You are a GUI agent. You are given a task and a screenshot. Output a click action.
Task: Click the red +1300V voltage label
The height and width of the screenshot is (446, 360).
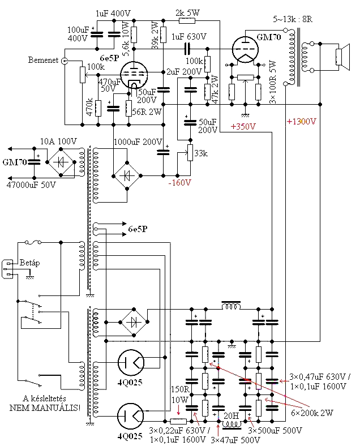[x=301, y=122]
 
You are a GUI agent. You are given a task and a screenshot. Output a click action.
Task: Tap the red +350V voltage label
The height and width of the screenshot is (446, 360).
[x=243, y=127]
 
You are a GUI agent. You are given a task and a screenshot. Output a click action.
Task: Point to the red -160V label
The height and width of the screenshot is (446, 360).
[x=179, y=183]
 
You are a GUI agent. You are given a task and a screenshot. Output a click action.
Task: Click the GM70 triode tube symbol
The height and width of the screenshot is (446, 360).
[x=245, y=50]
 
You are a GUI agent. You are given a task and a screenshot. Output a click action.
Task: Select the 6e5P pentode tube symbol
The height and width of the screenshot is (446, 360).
[x=134, y=75]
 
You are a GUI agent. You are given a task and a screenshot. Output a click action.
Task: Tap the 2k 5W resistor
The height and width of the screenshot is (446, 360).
[x=187, y=20]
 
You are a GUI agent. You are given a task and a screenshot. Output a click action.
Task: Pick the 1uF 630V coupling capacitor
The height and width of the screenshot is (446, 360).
[x=187, y=49]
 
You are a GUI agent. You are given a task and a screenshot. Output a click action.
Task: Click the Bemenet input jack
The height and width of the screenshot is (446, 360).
[x=65, y=61]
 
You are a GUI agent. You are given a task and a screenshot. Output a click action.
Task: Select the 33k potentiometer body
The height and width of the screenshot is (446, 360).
[x=190, y=153]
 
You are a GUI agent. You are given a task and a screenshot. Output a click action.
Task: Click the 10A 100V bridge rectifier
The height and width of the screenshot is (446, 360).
[x=61, y=162]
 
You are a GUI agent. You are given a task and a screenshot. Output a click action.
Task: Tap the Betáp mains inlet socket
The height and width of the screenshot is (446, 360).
[x=7, y=269]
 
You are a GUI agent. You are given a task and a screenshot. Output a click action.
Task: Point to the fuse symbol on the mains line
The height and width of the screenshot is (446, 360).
[x=33, y=243]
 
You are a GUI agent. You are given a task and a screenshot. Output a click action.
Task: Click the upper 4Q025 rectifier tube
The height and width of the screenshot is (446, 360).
[x=131, y=363]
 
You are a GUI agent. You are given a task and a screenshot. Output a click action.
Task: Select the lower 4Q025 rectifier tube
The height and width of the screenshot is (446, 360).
[x=131, y=416]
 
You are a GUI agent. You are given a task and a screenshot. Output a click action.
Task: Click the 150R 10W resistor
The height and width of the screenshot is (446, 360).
[x=178, y=421]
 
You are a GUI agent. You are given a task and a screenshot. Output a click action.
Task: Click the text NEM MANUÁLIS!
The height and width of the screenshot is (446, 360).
[x=45, y=408]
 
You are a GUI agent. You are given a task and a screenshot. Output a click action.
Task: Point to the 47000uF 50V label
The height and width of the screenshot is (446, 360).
[x=31, y=185]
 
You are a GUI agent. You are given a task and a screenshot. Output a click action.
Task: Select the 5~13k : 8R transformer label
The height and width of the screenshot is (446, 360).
[x=293, y=19]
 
